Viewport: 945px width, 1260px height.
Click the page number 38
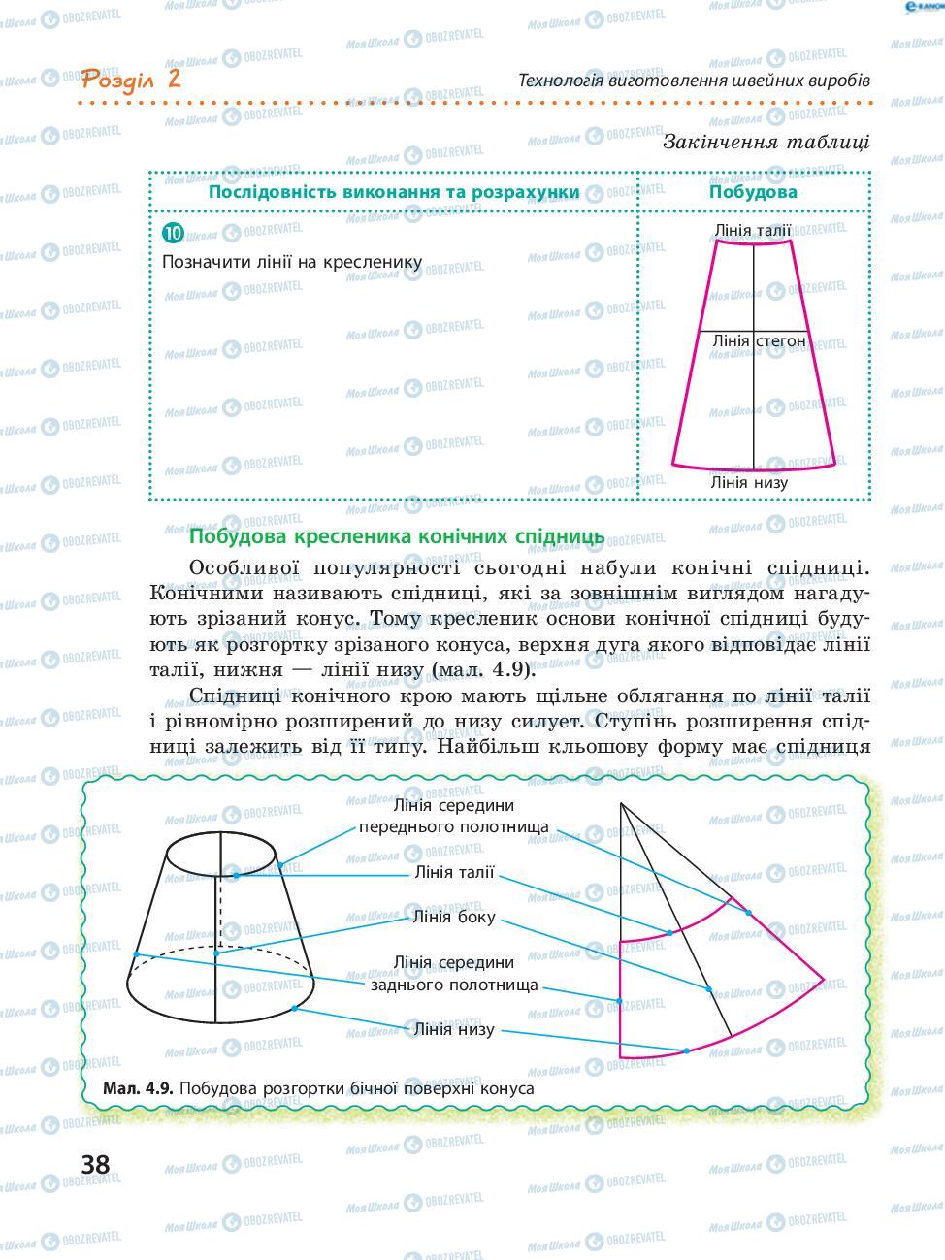pyautogui.click(x=95, y=1163)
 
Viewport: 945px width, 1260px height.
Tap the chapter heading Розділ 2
pyautogui.click(x=132, y=79)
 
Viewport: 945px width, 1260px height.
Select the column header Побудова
pyautogui.click(x=753, y=191)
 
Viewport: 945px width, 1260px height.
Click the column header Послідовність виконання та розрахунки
pyautogui.click(x=394, y=191)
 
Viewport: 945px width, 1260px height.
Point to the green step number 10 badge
pyautogui.click(x=174, y=233)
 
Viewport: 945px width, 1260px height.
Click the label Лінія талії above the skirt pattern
pyautogui.click(x=752, y=231)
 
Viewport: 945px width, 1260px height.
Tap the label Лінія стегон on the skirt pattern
pyautogui.click(x=759, y=341)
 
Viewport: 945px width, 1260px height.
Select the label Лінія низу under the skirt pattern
pyautogui.click(x=749, y=482)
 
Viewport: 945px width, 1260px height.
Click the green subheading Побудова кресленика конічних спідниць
pyautogui.click(x=396, y=536)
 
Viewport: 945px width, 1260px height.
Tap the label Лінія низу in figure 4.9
pyautogui.click(x=454, y=1029)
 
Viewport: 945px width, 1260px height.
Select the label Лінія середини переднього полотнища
pyautogui.click(x=454, y=816)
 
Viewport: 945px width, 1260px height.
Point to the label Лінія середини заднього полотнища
pyautogui.click(x=454, y=973)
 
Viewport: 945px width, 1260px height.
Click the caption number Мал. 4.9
pyautogui.click(x=138, y=1088)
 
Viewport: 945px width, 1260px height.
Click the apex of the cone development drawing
pyautogui.click(x=620, y=804)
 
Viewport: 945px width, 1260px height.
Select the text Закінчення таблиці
pyautogui.click(x=766, y=142)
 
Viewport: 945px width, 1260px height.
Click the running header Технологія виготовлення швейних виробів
pyautogui.click(x=694, y=80)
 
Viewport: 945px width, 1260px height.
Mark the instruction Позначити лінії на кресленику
pyautogui.click(x=291, y=262)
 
